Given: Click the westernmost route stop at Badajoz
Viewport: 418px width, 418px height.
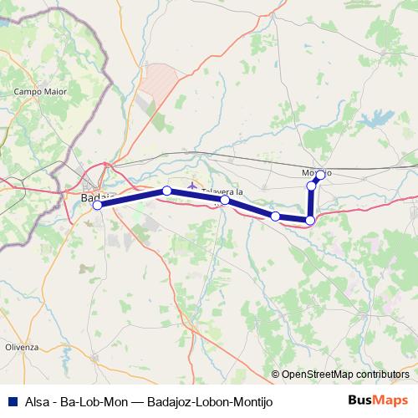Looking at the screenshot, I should pos(97,205).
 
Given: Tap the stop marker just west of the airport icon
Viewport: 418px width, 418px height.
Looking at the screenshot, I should pos(166,191).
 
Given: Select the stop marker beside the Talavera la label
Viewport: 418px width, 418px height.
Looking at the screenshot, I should pos(225,200).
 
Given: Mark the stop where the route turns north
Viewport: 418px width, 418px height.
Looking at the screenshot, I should pos(310,220).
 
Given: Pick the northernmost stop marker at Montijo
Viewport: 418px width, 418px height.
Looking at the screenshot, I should pos(320,175).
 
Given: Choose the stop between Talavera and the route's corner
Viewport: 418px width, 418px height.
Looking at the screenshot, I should pos(275,217).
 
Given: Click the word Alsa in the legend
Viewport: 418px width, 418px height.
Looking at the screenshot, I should pos(38,400).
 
